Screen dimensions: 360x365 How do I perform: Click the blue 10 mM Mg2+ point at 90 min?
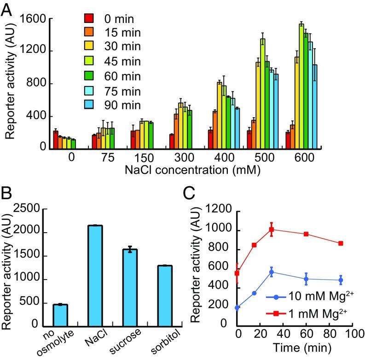[328, 280]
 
